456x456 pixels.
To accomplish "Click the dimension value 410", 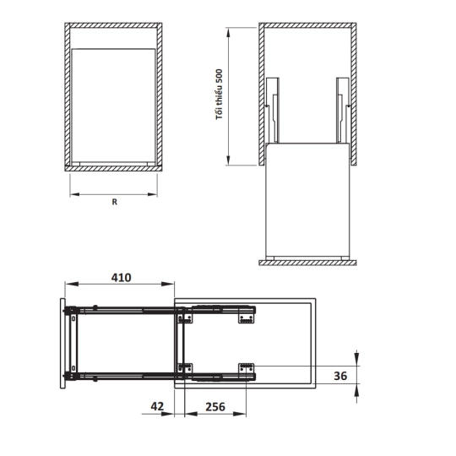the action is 122,278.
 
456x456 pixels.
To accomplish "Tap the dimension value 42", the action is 157,406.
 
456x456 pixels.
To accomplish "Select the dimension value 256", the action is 215,406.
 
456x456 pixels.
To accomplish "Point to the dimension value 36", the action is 340,376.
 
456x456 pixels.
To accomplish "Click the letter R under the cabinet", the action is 115,202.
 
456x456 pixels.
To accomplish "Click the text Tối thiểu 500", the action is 220,95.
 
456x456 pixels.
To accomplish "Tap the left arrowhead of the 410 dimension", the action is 72,284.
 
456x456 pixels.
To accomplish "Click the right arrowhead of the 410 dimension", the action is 168,284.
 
